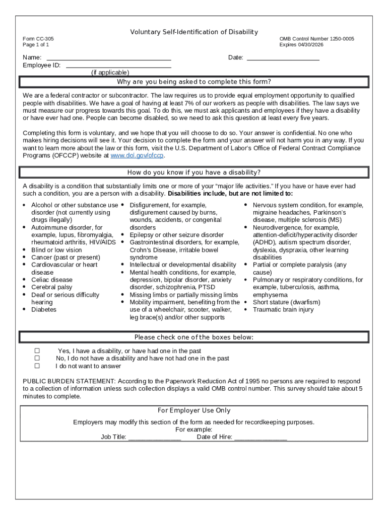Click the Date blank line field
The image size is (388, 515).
coord(283,58)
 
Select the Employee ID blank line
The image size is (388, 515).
coord(118,65)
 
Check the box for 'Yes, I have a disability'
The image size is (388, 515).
coord(37,351)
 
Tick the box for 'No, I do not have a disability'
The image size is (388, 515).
coord(37,359)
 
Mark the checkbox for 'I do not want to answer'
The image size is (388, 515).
coord(37,366)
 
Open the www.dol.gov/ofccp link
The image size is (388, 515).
coord(137,156)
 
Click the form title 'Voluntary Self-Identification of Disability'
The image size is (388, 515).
coord(194,32)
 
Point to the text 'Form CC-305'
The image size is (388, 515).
coord(38,39)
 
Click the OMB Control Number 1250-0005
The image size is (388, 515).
coord(316,39)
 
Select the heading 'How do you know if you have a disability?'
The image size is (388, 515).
coord(194,173)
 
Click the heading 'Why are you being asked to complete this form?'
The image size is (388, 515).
coord(194,82)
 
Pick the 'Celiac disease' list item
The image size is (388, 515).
coord(52,280)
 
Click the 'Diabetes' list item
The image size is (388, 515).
coord(44,310)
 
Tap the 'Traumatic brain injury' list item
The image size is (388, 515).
coord(283,310)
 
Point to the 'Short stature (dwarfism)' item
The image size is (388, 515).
coord(286,302)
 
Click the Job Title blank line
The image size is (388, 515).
coord(154,437)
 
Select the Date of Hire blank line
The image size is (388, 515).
coord(261,437)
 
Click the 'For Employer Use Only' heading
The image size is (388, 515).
coord(194,411)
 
